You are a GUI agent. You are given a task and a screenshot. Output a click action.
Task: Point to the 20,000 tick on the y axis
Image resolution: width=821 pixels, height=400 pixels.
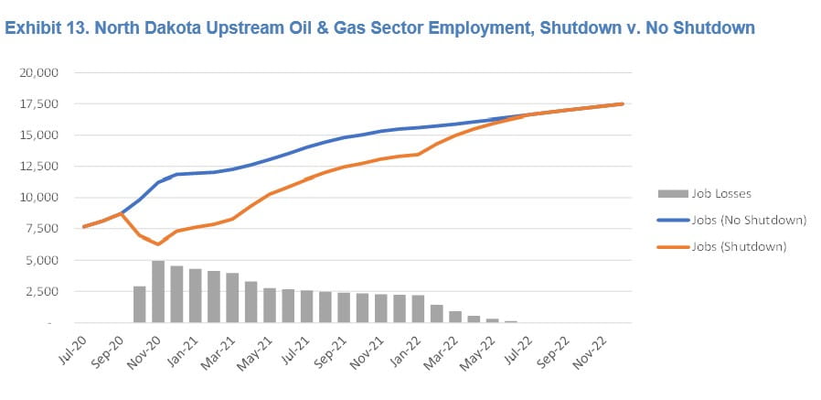click(39, 72)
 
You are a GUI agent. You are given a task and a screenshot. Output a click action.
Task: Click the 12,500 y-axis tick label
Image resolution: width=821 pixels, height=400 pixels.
click(39, 166)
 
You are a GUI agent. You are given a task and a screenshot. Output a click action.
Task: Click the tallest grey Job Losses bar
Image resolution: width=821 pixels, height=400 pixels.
click(157, 292)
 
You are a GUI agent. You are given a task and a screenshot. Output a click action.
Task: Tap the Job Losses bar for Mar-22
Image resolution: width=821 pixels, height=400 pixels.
click(454, 317)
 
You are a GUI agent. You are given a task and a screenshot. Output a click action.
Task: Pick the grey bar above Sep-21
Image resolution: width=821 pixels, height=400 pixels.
click(343, 308)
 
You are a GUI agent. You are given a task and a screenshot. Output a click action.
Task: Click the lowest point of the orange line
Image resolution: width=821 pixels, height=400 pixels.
click(157, 244)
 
